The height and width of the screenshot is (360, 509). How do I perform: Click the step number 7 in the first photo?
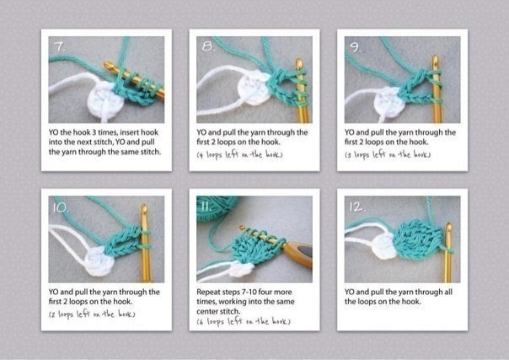pos(59,46)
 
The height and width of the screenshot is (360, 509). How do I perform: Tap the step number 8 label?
pos(208,46)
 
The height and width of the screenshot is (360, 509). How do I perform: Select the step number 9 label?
pos(356,46)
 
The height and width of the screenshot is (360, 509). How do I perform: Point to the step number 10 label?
pos(61,207)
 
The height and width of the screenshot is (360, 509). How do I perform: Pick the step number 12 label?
pos(357,207)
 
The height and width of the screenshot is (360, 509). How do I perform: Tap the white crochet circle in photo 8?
pos(254,89)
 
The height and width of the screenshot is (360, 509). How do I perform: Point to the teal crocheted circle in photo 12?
pos(417,239)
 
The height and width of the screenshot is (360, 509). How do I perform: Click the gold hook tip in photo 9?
pos(435,60)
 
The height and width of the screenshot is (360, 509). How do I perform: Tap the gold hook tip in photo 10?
pos(144,209)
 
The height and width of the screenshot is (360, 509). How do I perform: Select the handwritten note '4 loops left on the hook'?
pos(239,154)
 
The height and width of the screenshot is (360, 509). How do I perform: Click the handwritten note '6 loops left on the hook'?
pos(244,321)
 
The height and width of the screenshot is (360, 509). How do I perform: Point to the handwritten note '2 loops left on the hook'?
pos(92,314)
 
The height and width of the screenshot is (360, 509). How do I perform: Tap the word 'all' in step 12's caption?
pos(447,292)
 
